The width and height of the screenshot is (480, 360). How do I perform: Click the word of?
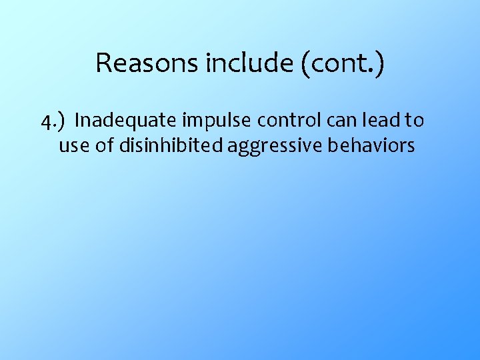click(105, 145)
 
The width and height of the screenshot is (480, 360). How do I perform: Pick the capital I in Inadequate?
click(78, 121)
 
